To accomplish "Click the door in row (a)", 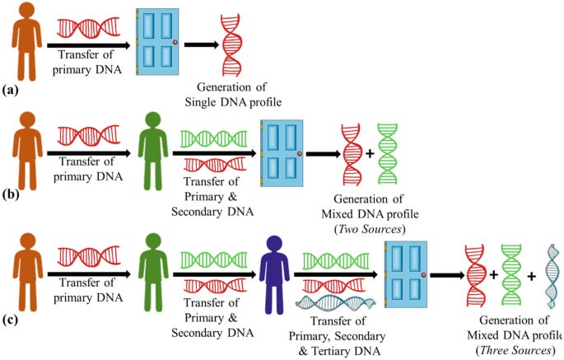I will click(156, 44).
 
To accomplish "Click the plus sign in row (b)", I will click(370, 153).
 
